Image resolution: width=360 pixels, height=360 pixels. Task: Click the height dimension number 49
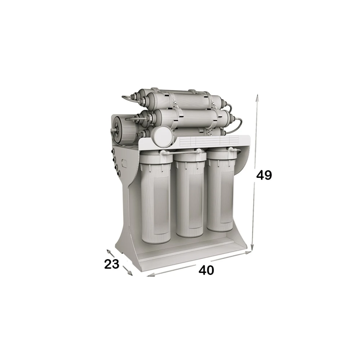(264, 175)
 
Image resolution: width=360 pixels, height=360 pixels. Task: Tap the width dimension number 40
(206, 270)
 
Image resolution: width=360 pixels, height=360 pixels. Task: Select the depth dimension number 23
(112, 264)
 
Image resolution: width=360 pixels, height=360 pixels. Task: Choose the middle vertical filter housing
(190, 193)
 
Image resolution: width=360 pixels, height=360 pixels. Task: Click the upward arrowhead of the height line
(258, 98)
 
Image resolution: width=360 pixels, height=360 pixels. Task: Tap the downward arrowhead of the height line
(252, 247)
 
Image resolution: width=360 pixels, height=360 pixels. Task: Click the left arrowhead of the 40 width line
(150, 275)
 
